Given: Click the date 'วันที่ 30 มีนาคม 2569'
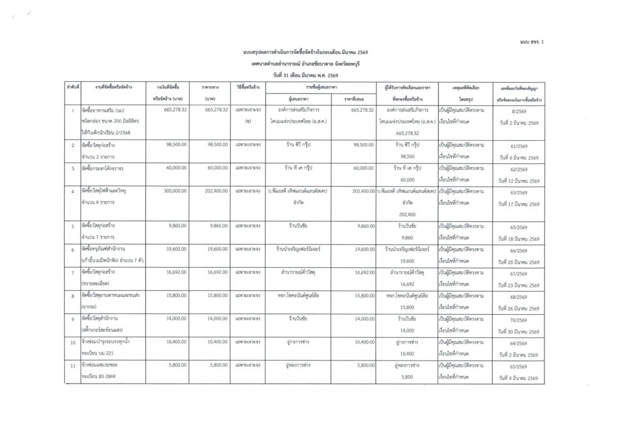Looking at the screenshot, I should pyautogui.click(x=518, y=331).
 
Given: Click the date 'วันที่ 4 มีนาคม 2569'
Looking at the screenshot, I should pyautogui.click(x=518, y=379).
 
